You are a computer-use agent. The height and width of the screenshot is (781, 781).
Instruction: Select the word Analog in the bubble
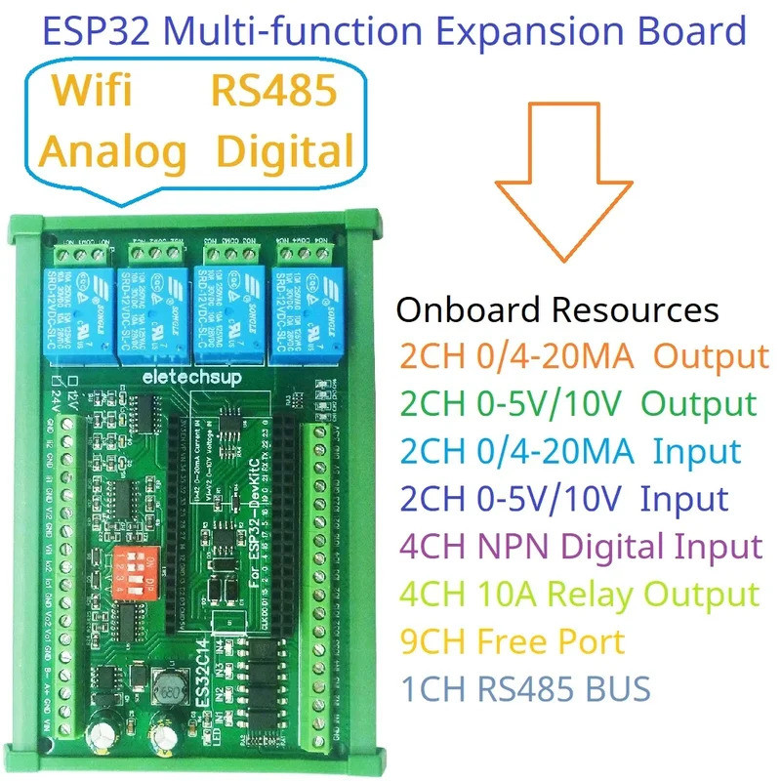[x=112, y=151]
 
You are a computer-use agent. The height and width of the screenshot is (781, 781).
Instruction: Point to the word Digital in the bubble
[x=283, y=151]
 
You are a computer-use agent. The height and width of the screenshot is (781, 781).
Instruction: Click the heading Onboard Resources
[x=556, y=310]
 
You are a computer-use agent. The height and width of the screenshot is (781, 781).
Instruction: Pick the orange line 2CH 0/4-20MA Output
[x=582, y=357]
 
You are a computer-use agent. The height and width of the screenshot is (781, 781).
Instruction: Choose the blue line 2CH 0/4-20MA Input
[x=568, y=452]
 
